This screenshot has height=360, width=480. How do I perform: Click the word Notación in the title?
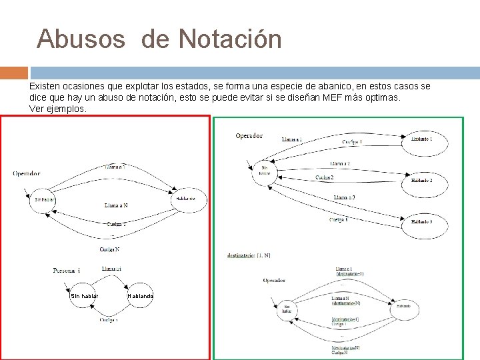coord(230,39)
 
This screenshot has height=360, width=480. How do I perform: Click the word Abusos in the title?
coord(81,39)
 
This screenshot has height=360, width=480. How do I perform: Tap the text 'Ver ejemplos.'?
coord(58,109)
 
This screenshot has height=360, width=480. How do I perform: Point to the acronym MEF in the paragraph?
coord(333,97)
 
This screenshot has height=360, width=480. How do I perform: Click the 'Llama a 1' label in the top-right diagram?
coord(292,140)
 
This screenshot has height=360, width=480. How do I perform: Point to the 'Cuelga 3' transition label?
coord(339,219)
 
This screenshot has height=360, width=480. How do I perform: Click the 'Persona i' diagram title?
coord(67,270)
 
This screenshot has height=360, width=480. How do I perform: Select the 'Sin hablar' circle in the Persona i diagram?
coord(85,296)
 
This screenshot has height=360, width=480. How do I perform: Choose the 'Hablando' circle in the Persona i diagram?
coord(140,296)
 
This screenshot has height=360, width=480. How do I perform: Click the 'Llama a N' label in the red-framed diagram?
coord(116,205)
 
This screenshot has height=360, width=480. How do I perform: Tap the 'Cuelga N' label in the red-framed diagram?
coord(109,249)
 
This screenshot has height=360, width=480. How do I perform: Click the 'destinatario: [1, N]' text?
coord(249,255)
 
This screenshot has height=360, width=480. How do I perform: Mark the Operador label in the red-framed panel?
coord(26,173)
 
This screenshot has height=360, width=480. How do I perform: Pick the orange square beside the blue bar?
coord(14,73)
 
